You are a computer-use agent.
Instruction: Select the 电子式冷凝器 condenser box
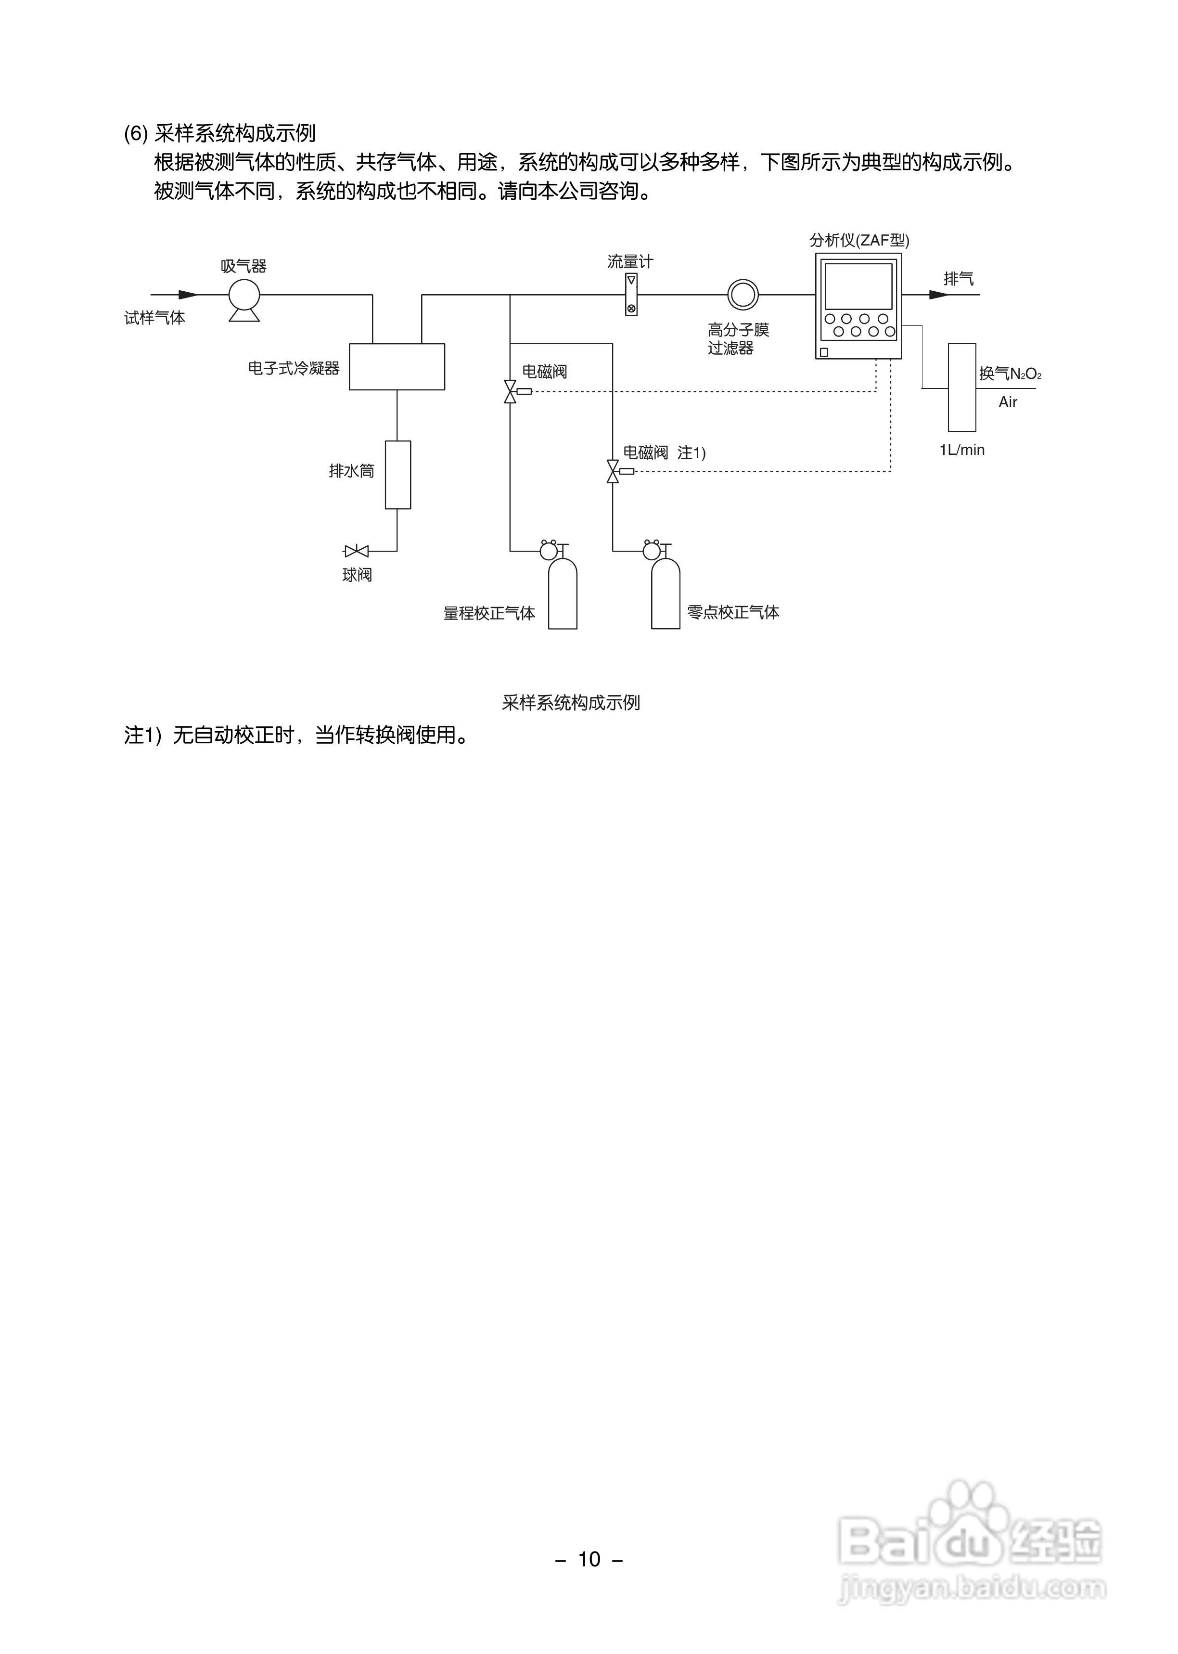coord(397,366)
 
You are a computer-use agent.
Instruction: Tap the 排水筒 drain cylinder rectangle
coord(397,475)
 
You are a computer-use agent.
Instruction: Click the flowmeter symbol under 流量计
coord(631,295)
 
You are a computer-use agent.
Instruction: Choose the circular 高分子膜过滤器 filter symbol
coord(743,295)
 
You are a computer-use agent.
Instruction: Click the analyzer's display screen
coord(858,286)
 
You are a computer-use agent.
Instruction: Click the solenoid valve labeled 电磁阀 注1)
coord(614,472)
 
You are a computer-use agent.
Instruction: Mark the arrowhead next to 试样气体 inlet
coord(188,295)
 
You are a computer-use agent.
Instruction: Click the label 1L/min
coord(962,450)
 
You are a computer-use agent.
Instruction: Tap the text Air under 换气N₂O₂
coord(1008,402)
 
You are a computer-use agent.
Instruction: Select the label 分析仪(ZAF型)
coord(859,240)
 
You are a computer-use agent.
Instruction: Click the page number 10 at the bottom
coord(589,1559)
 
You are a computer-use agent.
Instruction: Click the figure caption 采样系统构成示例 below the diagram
coord(571,702)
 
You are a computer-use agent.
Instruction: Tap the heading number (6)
coord(136,133)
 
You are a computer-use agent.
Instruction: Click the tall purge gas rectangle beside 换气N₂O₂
coord(962,388)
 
